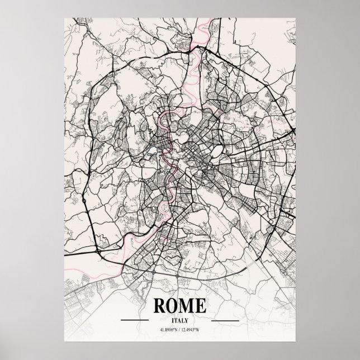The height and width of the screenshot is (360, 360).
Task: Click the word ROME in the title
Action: [x=179, y=306]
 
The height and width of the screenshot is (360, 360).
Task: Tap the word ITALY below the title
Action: [x=180, y=321]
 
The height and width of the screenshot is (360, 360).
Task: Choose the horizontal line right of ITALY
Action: [x=225, y=321]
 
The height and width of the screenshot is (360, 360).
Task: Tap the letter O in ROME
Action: [x=173, y=306]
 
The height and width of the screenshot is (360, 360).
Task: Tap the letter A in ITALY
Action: [x=179, y=321]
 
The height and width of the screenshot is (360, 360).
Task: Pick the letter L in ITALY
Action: [x=184, y=321]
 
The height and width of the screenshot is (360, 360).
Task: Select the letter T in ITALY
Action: [x=176, y=321]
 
